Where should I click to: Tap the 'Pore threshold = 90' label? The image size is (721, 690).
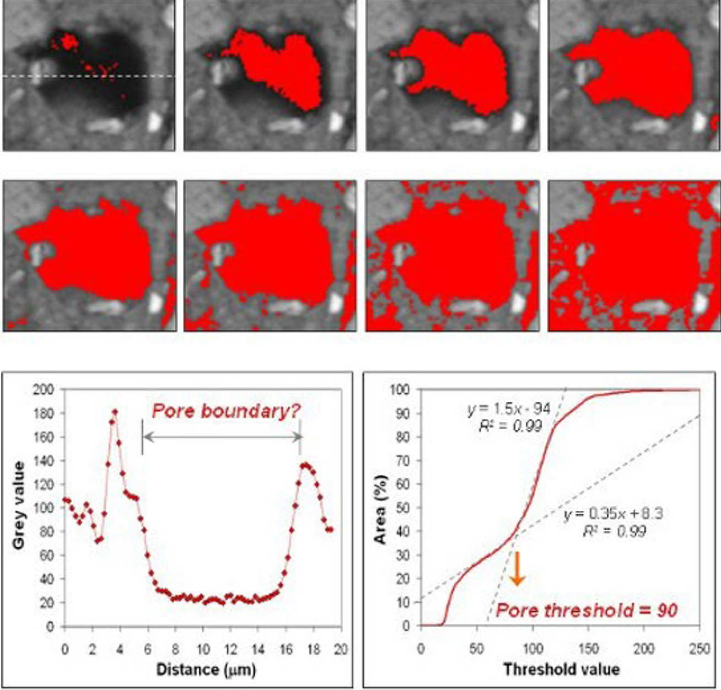(587, 610)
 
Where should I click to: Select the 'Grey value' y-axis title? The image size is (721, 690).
(19, 505)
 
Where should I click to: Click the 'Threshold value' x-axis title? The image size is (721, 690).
(561, 670)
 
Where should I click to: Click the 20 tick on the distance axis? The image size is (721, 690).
(341, 650)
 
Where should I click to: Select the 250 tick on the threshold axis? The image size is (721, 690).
(700, 649)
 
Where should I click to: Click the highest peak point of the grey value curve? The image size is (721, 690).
(115, 412)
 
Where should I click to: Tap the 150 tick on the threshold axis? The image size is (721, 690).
(588, 649)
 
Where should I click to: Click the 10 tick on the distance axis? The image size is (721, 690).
(203, 650)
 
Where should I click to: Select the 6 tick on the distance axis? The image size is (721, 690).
(148, 650)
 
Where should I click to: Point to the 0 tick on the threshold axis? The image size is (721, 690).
(421, 649)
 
